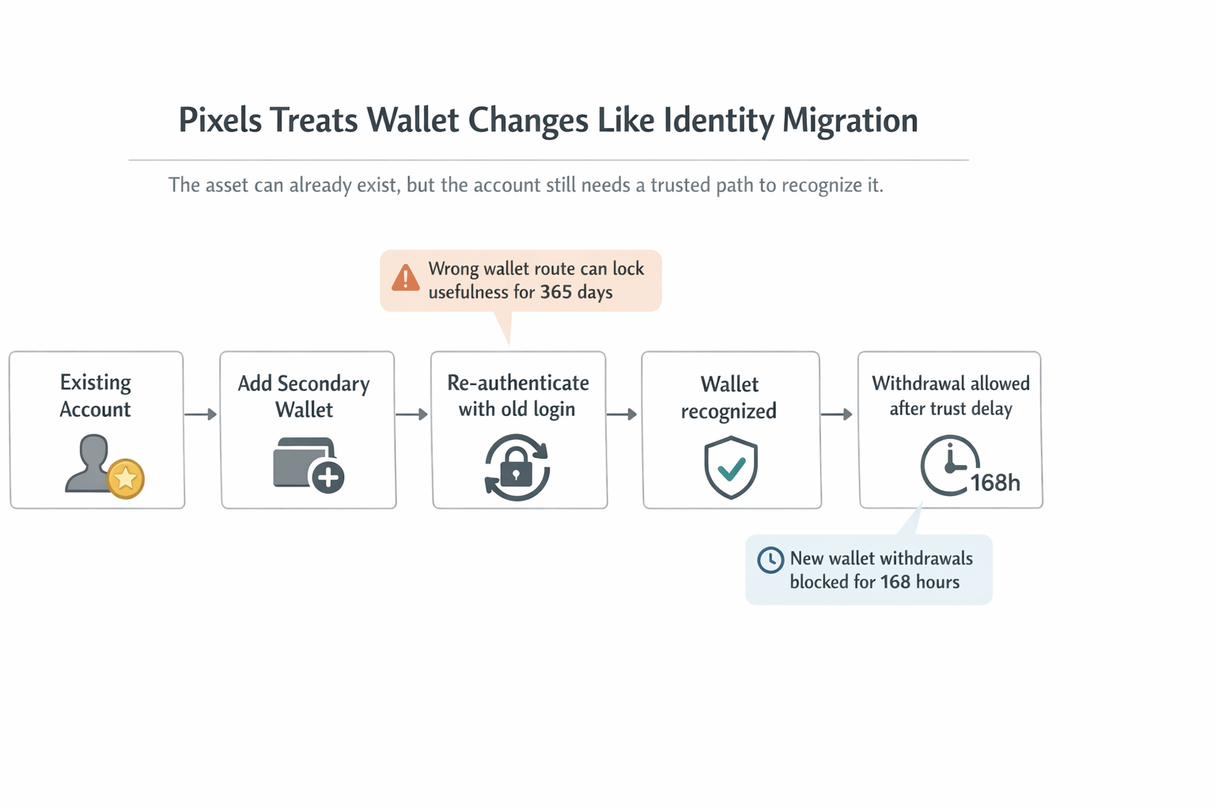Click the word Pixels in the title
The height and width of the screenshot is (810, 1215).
[x=220, y=120]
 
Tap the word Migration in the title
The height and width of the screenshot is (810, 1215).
[x=850, y=120]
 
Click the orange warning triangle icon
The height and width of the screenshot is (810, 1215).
[x=406, y=278]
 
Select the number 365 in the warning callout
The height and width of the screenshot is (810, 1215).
[x=555, y=292]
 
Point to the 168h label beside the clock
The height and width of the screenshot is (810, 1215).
[x=995, y=483]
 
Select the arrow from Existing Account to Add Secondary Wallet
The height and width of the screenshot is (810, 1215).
[x=201, y=414]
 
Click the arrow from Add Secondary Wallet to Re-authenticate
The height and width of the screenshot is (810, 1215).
[x=411, y=414]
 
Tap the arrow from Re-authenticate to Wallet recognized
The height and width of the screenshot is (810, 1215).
[x=622, y=414]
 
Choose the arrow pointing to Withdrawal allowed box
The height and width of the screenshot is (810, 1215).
[x=837, y=414]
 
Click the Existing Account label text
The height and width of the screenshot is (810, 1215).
[x=96, y=396]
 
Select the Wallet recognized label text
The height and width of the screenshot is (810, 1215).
[x=729, y=397]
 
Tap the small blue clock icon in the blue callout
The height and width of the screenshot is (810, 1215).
[x=770, y=560]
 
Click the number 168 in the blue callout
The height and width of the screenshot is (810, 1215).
[x=895, y=582]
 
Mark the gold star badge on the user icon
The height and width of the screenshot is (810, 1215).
[x=126, y=479]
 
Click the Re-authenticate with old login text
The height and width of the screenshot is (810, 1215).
[x=518, y=396]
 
